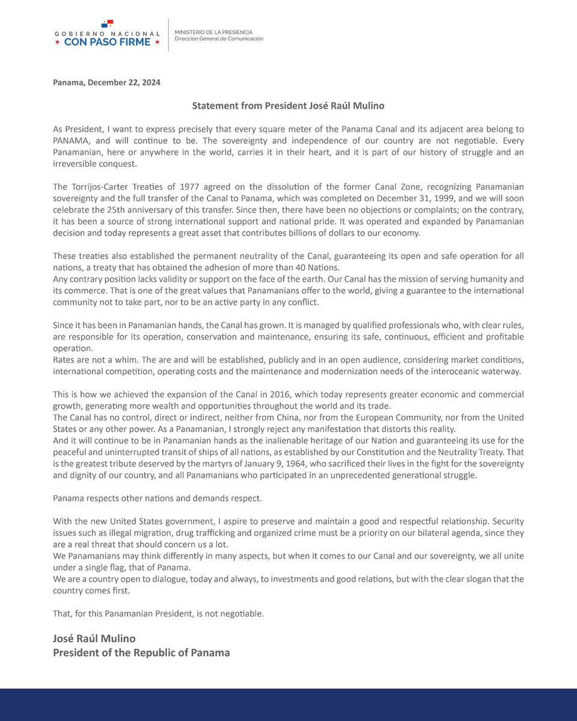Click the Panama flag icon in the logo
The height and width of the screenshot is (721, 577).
click(107, 23)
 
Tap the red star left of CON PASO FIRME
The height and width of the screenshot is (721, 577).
click(57, 43)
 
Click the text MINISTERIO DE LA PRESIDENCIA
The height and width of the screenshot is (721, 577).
click(213, 31)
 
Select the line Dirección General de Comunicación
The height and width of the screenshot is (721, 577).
click(218, 39)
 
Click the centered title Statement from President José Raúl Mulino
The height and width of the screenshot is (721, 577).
click(288, 106)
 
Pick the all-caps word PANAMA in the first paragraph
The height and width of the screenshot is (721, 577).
click(72, 141)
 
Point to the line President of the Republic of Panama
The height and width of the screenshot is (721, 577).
click(141, 652)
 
